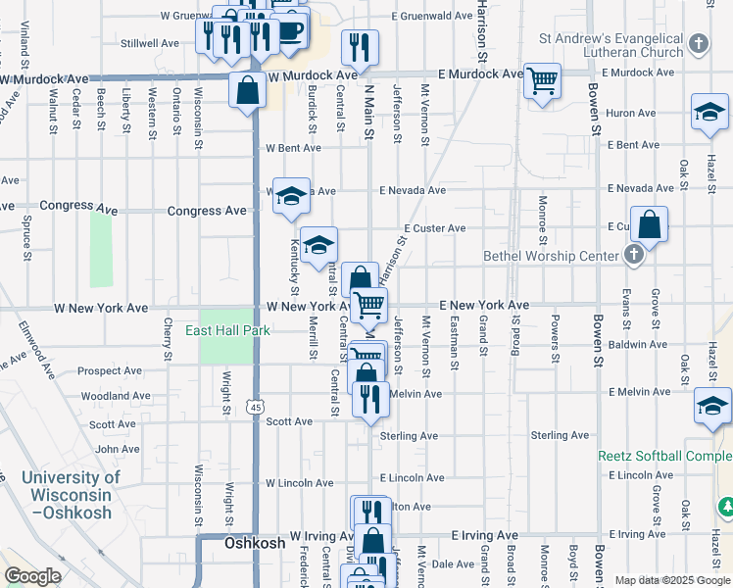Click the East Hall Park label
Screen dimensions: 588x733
(x=227, y=330)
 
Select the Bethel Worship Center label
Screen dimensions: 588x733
(x=553, y=257)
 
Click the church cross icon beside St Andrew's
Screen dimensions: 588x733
(x=698, y=43)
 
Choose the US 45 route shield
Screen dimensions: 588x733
(x=256, y=406)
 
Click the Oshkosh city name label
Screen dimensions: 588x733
(x=255, y=542)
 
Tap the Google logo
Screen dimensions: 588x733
(x=32, y=576)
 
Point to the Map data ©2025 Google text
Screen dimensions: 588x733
(x=672, y=580)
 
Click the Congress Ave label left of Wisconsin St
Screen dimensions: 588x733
(x=207, y=211)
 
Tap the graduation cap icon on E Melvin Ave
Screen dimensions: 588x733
(x=712, y=404)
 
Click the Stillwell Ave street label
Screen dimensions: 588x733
(x=149, y=43)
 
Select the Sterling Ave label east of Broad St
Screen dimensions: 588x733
(x=559, y=435)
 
